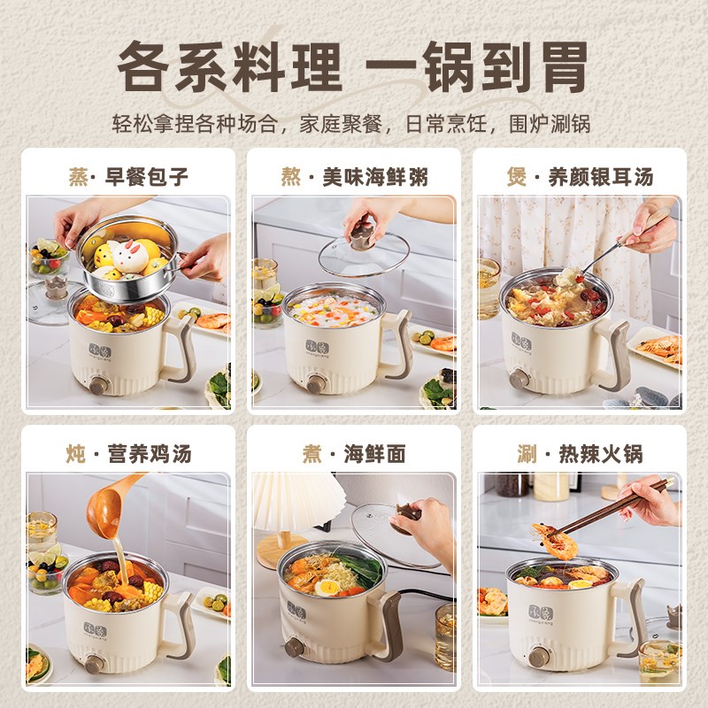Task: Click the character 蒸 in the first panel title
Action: click(79, 177)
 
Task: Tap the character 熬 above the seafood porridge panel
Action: click(291, 177)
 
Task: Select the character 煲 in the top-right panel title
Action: click(517, 177)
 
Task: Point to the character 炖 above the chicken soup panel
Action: click(76, 455)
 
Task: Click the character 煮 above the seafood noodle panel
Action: click(312, 455)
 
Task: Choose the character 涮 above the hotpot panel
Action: click(527, 455)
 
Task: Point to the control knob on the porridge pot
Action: click(315, 383)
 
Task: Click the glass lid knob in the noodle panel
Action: click(407, 516)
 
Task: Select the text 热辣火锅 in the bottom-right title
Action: click(601, 455)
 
